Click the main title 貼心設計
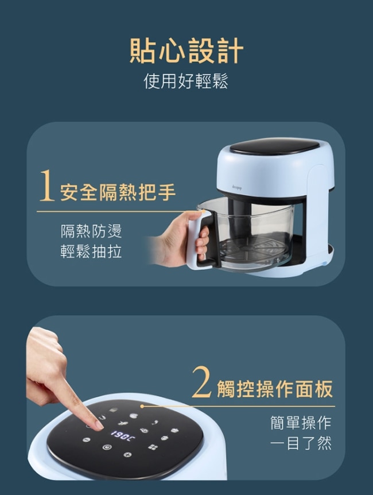pyautogui.click(x=187, y=50)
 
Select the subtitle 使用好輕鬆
pyautogui.click(x=186, y=81)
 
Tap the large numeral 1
pyautogui.click(x=47, y=185)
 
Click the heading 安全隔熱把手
pyautogui.click(x=118, y=192)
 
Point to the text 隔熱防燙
pyautogui.click(x=91, y=231)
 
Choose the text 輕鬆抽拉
pyautogui.click(x=91, y=252)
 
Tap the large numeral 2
pyautogui.click(x=201, y=381)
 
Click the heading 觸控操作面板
pyautogui.click(x=275, y=389)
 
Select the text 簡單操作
pyautogui.click(x=301, y=423)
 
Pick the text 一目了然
pyautogui.click(x=301, y=443)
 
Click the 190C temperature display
pyautogui.click(x=122, y=435)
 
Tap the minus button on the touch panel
pyautogui.click(x=86, y=439)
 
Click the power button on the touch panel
pyautogui.click(x=107, y=447)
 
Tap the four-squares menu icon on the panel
pyautogui.click(x=153, y=447)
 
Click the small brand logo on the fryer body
pyautogui.click(x=236, y=187)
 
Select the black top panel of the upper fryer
pyautogui.click(x=274, y=146)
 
